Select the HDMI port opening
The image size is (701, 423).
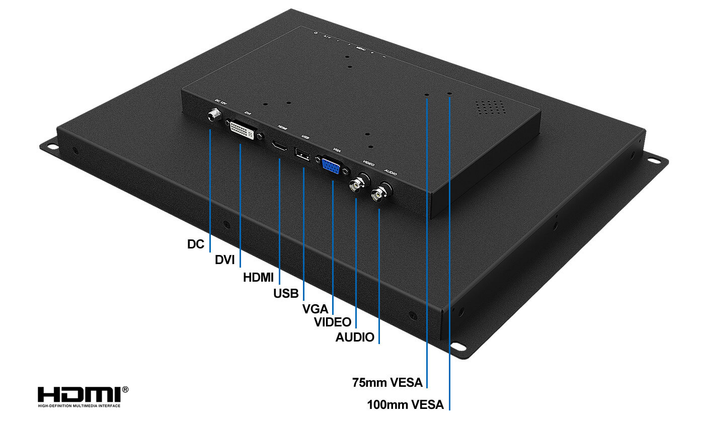[x=279, y=146]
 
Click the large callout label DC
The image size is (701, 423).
[x=196, y=244]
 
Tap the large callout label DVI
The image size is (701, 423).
[x=225, y=260]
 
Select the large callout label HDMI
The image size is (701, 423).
[x=258, y=277]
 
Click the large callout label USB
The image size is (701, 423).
[x=286, y=293]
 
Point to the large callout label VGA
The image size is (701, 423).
[x=315, y=309]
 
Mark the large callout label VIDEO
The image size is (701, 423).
[x=333, y=322]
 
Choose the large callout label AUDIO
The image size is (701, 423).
[x=355, y=337]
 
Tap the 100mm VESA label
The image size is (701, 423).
[x=405, y=404]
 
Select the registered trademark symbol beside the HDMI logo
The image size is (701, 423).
[x=125, y=389]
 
